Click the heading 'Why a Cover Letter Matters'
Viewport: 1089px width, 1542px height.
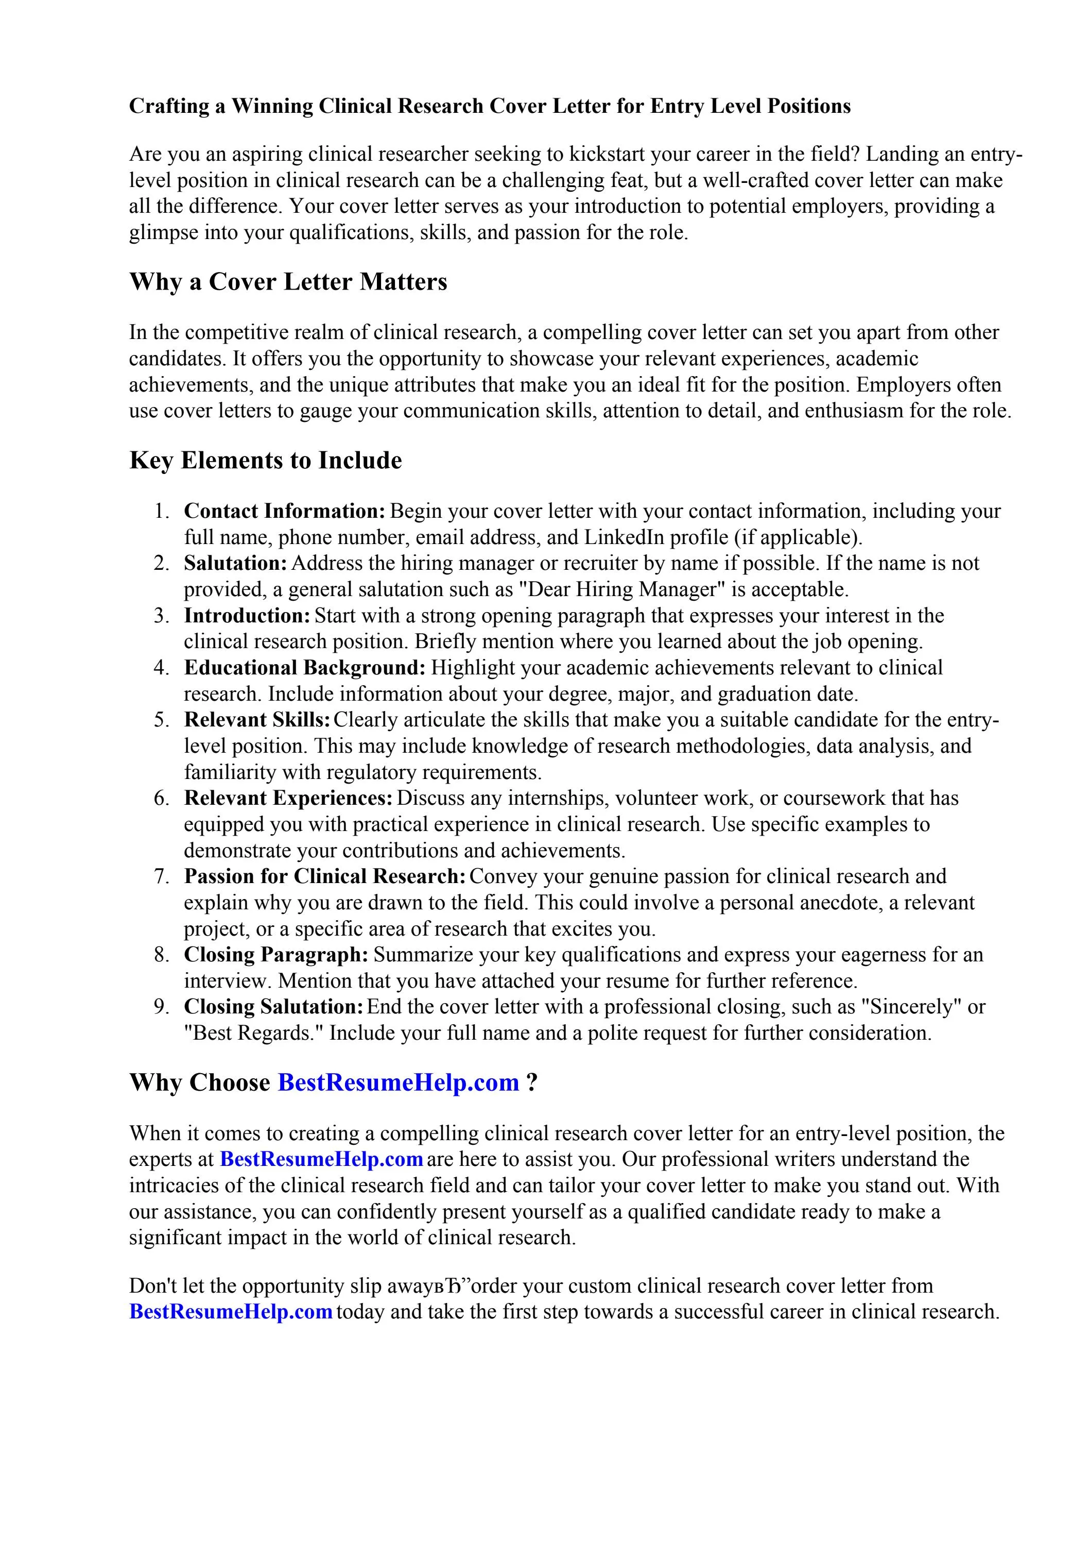coord(288,281)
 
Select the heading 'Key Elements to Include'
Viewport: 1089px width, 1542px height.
coord(265,461)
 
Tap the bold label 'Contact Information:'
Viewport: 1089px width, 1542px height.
coord(285,511)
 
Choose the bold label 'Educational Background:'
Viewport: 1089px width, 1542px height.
coord(305,668)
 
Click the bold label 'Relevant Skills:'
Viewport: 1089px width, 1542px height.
coord(257,720)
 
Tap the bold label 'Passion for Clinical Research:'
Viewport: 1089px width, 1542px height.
coord(325,876)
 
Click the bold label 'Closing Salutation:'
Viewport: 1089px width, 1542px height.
coord(274,1007)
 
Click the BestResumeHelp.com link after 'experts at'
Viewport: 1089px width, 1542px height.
coord(321,1159)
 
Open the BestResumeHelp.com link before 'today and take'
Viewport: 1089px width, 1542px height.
coord(230,1312)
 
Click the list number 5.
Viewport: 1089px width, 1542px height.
coord(162,720)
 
